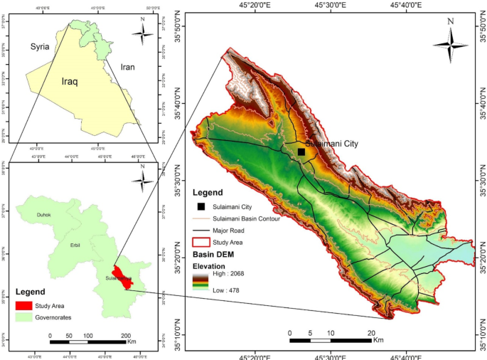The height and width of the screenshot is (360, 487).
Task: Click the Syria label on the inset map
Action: coord(40,47)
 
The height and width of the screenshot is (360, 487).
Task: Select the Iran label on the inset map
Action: coord(127,67)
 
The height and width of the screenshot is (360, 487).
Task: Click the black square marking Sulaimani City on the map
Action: coord(301,152)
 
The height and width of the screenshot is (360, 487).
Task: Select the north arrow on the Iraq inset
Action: coord(142,33)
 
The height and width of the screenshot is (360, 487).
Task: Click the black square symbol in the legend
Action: coord(201,207)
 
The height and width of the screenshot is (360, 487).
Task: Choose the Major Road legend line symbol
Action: coord(201,231)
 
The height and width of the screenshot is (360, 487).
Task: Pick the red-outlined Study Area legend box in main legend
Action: coord(201,243)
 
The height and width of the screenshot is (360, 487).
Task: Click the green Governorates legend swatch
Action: coord(24,317)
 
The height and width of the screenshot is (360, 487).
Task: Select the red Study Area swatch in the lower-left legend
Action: coord(24,306)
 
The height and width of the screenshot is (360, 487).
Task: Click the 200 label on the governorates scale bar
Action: coord(126,334)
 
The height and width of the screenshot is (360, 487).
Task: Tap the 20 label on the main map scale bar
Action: coord(370,333)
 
